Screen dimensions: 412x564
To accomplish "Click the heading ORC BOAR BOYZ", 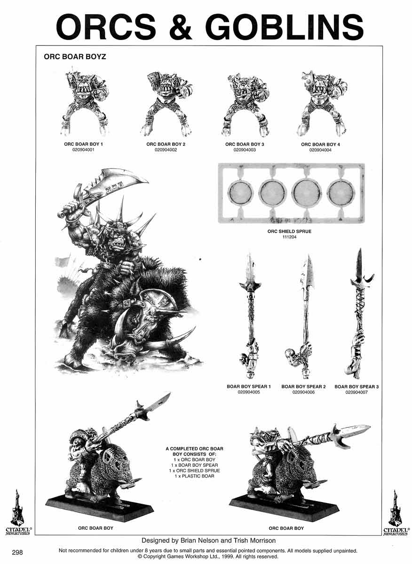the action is coord(75,57).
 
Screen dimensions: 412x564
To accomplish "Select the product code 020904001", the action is coord(83,149).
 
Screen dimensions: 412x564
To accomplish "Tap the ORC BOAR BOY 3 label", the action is coord(245,144).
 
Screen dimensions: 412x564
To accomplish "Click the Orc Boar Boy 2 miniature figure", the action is coord(166,104).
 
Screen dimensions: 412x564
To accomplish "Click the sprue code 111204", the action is coord(290,237).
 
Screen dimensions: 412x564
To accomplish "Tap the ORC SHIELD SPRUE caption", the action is coord(290,231).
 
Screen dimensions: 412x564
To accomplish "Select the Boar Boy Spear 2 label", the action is coord(304,386).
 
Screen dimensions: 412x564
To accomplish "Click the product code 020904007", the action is coord(357,392).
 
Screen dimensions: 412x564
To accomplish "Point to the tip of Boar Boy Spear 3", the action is coord(361,249).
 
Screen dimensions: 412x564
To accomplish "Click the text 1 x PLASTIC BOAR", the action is coord(195,476).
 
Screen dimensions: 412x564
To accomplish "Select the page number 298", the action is coord(17,552).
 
